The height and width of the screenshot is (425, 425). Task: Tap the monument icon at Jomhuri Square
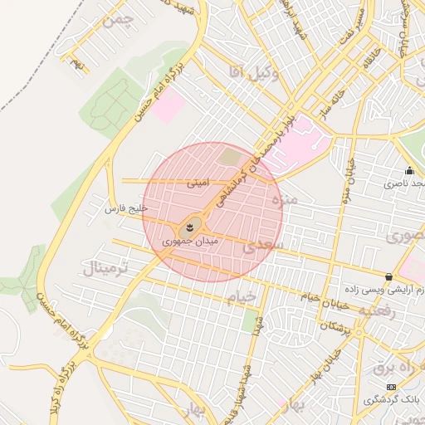190,226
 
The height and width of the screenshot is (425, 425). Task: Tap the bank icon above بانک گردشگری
391,388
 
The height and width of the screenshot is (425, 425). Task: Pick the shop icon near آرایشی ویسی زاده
388,276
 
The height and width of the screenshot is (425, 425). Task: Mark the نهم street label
78,64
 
